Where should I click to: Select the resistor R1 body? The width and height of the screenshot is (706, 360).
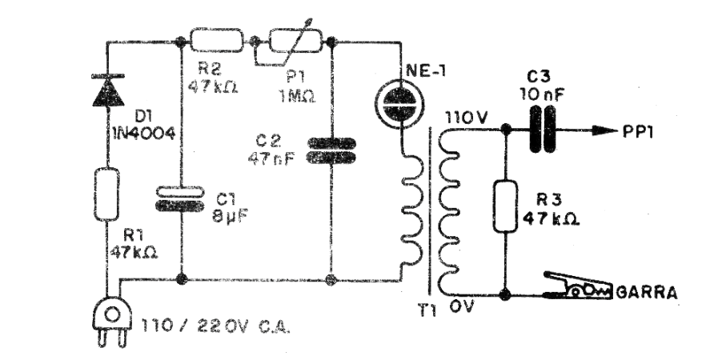point(106,194)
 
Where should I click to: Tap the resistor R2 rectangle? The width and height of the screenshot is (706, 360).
point(216,40)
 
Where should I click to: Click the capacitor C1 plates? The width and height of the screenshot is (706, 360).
point(178,198)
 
